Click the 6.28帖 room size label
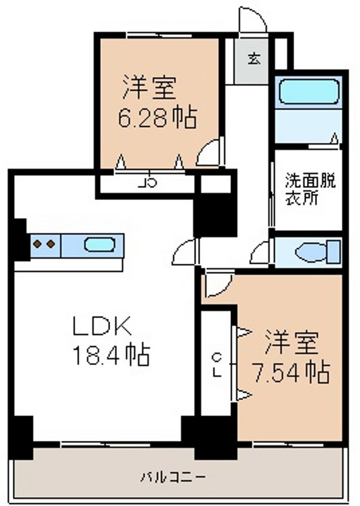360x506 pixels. pyautogui.click(x=158, y=118)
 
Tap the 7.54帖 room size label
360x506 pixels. pyautogui.click(x=291, y=373)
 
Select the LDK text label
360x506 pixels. pyautogui.click(x=102, y=326)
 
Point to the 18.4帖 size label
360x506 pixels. pyautogui.click(x=112, y=355)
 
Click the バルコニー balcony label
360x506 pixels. pyautogui.click(x=173, y=477)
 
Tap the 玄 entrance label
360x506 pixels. pyautogui.click(x=254, y=59)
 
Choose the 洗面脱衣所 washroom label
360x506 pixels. pyautogui.click(x=310, y=188)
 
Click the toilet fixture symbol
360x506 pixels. pyautogui.click(x=318, y=252)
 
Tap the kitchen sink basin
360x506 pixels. pyautogui.click(x=99, y=245)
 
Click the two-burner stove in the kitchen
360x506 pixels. pyautogui.click(x=45, y=245)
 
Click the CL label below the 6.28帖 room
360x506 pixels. pyautogui.click(x=148, y=183)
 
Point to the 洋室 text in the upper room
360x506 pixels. pyautogui.click(x=149, y=88)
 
